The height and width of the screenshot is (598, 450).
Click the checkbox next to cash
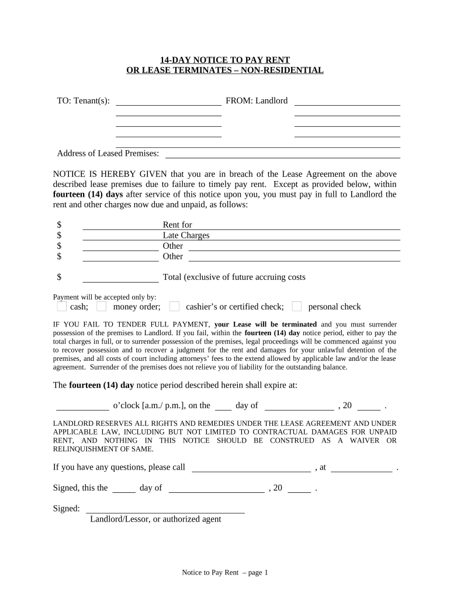62,307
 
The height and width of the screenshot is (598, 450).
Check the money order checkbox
102,307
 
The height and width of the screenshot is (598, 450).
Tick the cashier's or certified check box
174,307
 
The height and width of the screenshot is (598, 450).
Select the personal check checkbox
297,307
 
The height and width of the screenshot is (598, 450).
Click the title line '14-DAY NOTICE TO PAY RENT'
225,60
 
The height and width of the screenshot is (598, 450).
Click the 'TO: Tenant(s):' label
83,101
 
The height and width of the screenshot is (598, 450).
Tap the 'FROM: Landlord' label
257,101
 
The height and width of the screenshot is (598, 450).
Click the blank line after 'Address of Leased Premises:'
283,154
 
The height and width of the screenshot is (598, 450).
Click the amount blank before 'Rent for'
120,225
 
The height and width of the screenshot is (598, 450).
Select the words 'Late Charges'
186,235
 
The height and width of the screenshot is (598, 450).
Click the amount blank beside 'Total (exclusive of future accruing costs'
120,277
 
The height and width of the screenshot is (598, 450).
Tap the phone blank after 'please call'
251,468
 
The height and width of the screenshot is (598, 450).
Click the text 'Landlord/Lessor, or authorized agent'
155,519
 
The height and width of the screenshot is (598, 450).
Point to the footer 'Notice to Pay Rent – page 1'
225,573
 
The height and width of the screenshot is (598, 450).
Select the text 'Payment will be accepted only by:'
105,297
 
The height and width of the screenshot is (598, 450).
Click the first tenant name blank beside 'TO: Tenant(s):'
169,101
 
